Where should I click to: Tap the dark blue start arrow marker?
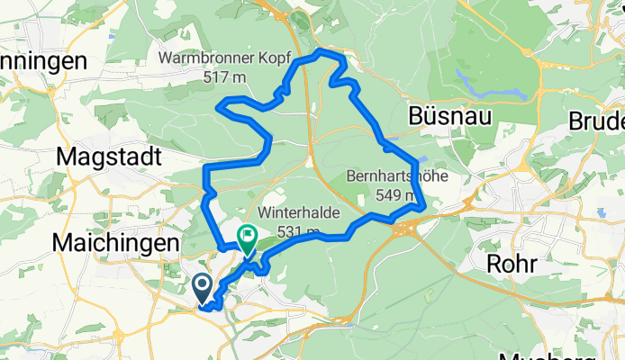pos(203,288)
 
